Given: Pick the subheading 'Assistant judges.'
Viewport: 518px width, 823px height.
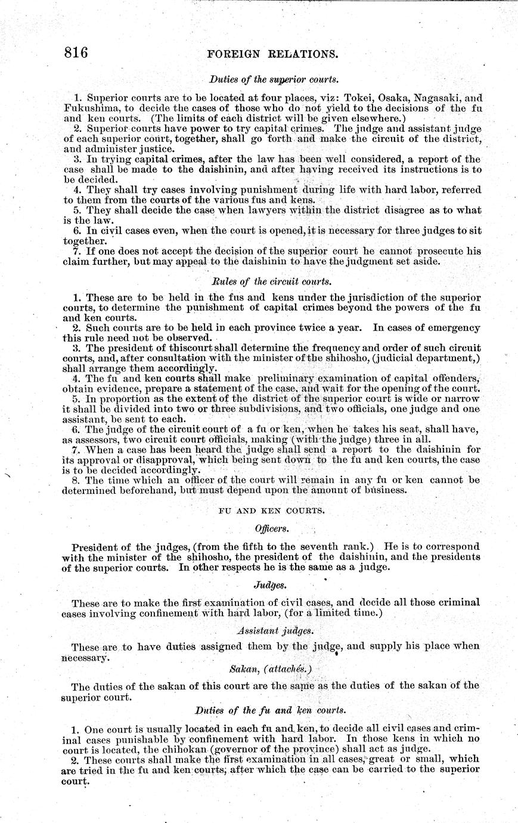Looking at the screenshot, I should coord(271,630).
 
